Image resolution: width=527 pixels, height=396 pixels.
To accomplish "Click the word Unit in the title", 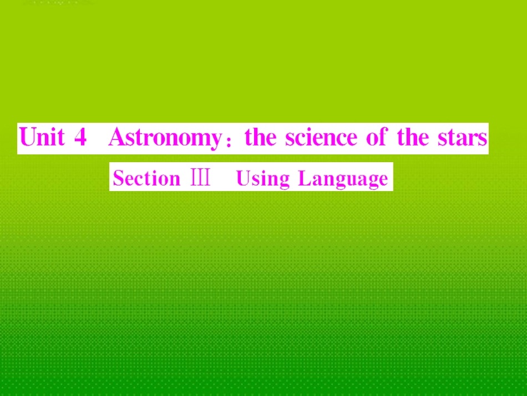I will point(42,137).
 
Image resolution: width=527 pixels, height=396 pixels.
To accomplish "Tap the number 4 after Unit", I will point(80,137).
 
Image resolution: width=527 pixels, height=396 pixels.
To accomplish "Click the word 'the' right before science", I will point(261,137).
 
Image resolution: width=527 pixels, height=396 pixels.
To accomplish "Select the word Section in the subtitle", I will point(146,178).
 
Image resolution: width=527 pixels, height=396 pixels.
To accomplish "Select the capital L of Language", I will point(303,178).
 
